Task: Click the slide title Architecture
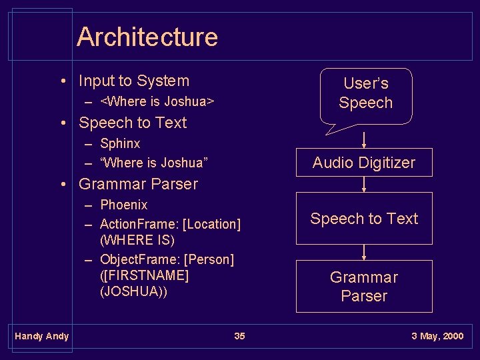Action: click(147, 37)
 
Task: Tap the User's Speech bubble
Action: click(365, 93)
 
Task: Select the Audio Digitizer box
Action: click(364, 163)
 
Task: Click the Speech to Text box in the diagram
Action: click(364, 219)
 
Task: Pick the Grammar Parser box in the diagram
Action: click(364, 286)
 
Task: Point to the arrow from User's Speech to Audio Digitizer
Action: click(364, 139)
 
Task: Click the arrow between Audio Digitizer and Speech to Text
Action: click(364, 184)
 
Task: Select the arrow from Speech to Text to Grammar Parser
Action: click(364, 252)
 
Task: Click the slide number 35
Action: click(239, 336)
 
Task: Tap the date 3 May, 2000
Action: click(437, 336)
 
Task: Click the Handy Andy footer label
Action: click(41, 336)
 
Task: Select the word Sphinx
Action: click(120, 143)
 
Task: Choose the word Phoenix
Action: click(123, 205)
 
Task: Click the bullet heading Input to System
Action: click(134, 81)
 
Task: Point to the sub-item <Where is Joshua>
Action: click(157, 101)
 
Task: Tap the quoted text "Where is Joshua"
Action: click(154, 162)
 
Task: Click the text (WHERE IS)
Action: click(137, 240)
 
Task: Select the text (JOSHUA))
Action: click(133, 292)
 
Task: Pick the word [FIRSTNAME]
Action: click(144, 275)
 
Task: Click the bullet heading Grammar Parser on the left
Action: click(138, 184)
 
